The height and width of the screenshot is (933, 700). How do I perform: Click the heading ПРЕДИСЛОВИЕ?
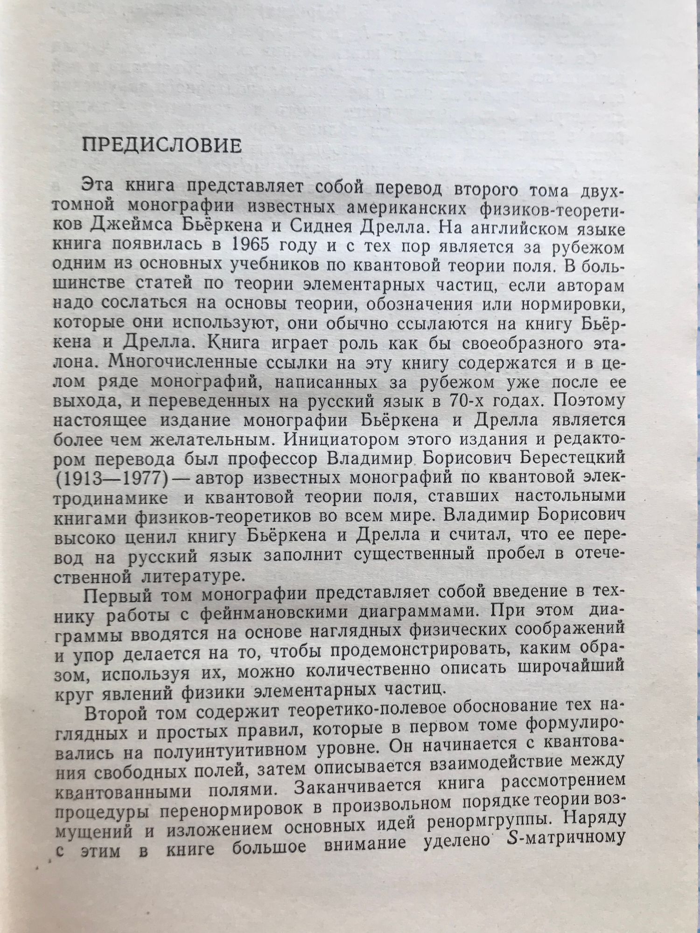162,146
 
